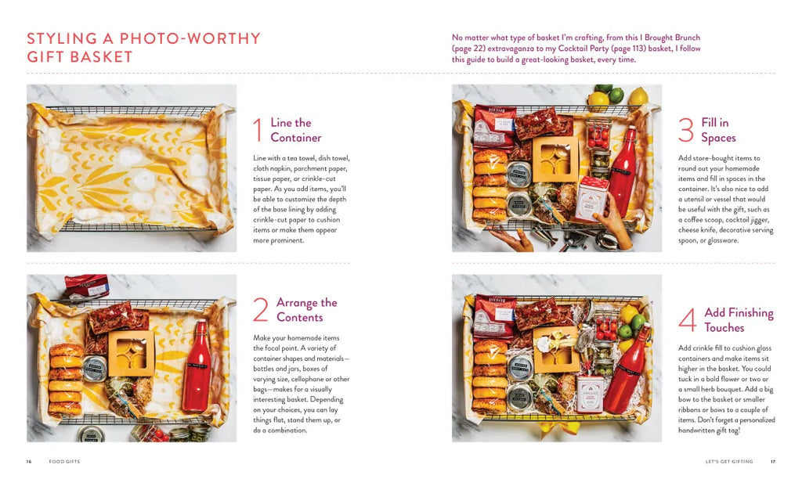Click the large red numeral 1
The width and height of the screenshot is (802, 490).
258,130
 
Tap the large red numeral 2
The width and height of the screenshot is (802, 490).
260,310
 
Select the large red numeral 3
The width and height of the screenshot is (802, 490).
686,130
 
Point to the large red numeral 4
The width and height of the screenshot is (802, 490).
688,320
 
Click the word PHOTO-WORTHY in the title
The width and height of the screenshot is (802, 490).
190,39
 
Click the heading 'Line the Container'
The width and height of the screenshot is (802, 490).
296,130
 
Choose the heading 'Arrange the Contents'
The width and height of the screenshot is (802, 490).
307,310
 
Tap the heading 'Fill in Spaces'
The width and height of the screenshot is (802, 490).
719,130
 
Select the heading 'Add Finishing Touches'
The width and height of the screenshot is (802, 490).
739,320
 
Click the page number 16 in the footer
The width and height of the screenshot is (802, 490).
29,461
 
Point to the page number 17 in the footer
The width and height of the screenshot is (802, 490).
773,461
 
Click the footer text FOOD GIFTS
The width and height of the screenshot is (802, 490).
64,461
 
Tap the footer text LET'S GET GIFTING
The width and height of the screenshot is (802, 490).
729,461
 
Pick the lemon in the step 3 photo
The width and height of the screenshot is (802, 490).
638,96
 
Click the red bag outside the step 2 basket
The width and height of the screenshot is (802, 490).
87,286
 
